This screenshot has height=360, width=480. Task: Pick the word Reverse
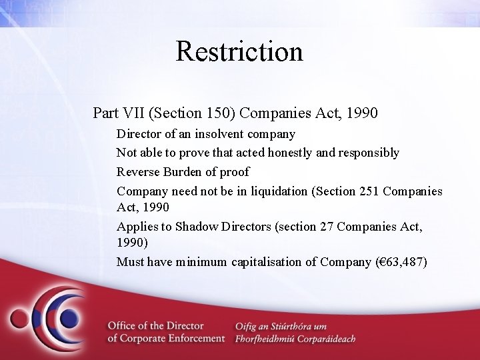[x=136, y=171]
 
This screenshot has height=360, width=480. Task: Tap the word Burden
[x=180, y=171]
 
